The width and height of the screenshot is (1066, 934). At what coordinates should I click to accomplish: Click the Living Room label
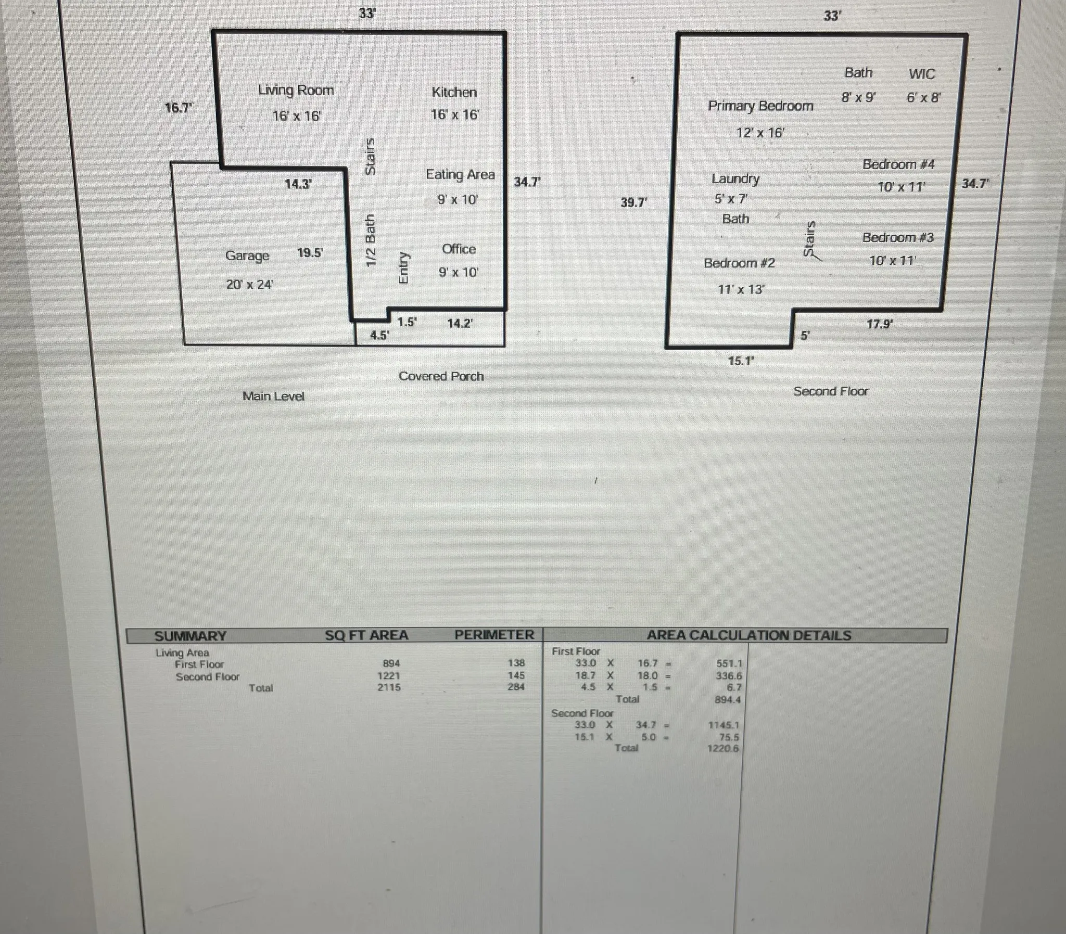click(296, 90)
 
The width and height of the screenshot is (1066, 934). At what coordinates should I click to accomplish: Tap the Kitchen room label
click(454, 92)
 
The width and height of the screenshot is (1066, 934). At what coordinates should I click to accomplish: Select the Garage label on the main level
click(247, 256)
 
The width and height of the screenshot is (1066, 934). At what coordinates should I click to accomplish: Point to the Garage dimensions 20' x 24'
click(250, 285)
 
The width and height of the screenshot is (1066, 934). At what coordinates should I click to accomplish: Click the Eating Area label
click(460, 175)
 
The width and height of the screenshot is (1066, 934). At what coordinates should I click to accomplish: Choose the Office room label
click(459, 249)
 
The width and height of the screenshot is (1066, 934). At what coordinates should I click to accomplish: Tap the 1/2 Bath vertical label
click(370, 240)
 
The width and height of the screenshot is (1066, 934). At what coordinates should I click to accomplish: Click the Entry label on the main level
click(403, 268)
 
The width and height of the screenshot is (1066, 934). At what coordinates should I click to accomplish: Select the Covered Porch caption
click(441, 376)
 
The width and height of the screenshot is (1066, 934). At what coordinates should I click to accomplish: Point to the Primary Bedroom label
click(760, 106)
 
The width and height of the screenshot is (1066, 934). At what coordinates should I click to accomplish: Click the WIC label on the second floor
click(922, 74)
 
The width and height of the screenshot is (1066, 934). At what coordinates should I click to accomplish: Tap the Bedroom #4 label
click(899, 164)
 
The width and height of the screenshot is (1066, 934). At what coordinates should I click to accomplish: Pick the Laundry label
click(735, 179)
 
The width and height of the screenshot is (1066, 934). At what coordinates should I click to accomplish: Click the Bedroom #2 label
click(739, 263)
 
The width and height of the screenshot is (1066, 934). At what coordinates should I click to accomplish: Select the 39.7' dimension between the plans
click(634, 202)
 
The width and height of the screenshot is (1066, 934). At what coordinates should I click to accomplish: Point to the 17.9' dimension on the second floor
click(880, 324)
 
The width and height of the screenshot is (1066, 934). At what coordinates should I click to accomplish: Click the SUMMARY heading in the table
click(191, 636)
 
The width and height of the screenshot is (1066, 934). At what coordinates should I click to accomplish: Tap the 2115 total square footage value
click(389, 687)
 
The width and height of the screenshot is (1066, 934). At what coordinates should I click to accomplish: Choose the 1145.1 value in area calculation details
click(724, 725)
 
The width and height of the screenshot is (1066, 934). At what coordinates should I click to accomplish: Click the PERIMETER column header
click(494, 635)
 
